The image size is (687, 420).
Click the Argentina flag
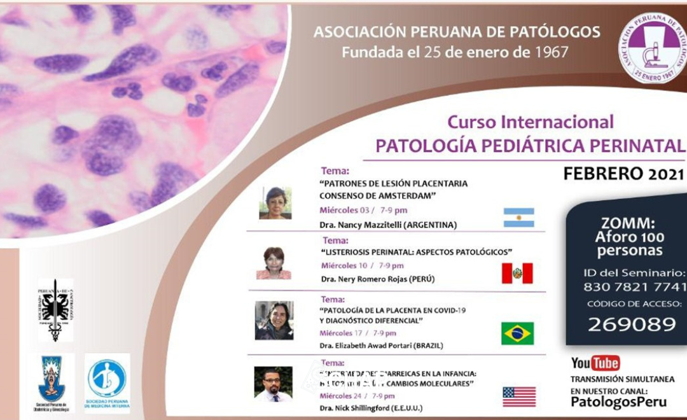coord(518,218)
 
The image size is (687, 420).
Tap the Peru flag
coord(517,273)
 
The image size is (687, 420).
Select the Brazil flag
coord(517,333)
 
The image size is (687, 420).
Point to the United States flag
coord(519,396)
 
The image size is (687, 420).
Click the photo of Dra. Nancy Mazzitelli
coord(275,203)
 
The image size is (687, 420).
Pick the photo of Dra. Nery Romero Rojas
coord(274,263)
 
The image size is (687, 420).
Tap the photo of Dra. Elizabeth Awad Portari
coord(274,320)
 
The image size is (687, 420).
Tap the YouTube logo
coord(595,363)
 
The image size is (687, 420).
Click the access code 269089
coord(631,324)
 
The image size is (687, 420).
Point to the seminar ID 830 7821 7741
coord(635,286)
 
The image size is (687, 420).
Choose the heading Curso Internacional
coord(531,122)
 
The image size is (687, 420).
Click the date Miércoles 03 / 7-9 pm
coord(363,210)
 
